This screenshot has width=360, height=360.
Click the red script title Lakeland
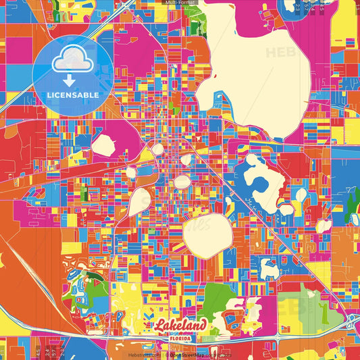click(x=179, y=326)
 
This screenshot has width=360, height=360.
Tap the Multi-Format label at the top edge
click(x=179, y=3)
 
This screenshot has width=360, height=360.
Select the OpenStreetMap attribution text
click(x=192, y=353)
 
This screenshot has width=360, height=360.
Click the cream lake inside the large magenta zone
click(x=105, y=146)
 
